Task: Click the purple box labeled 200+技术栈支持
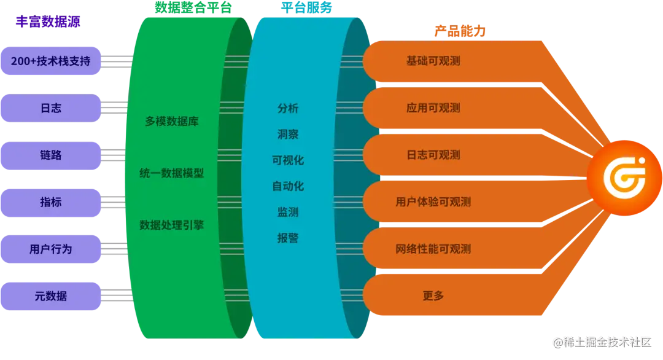click(51, 61)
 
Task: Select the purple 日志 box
click(51, 108)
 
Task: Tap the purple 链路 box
click(51, 155)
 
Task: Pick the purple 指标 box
click(51, 202)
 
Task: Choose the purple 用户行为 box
click(51, 249)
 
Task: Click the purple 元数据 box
click(51, 296)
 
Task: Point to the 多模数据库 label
click(172, 122)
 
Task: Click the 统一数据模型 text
click(172, 173)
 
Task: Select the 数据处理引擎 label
click(172, 225)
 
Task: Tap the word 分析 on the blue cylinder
click(288, 108)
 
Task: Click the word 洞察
click(288, 134)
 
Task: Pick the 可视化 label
click(288, 160)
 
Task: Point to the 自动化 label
click(288, 186)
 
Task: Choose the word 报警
click(288, 238)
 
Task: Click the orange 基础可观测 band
click(433, 61)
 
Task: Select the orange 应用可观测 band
click(433, 108)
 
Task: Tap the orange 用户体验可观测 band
click(433, 202)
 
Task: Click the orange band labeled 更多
click(433, 296)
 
